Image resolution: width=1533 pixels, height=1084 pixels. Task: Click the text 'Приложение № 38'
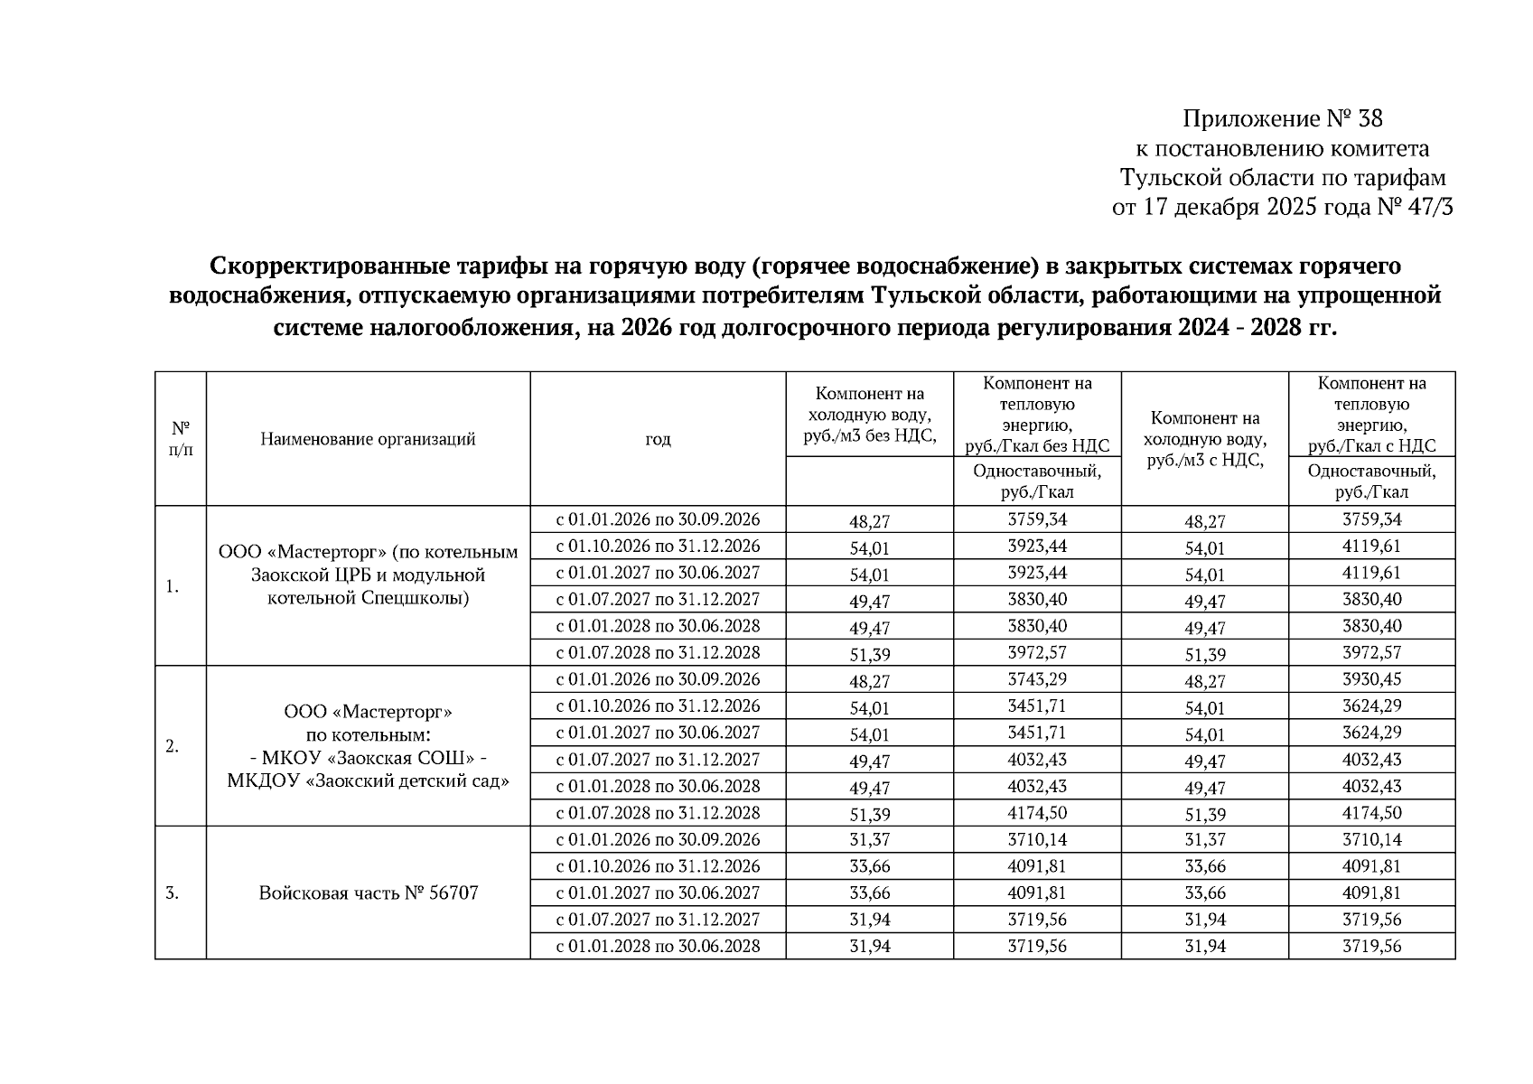[x=1283, y=119]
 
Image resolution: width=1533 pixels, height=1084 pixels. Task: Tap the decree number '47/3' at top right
[x=1427, y=208]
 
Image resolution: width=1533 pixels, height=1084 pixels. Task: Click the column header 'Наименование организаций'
[x=368, y=439]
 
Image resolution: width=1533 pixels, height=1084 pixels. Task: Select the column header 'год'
[x=658, y=439]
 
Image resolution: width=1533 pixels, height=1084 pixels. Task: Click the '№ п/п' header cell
[x=181, y=438]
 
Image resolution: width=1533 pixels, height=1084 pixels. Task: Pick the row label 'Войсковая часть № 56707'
[x=368, y=892]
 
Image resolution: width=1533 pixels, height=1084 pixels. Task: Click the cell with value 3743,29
[x=1036, y=679]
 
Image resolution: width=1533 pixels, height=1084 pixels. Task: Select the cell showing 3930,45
[x=1371, y=679]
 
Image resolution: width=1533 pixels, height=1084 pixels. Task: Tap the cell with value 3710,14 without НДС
[x=1036, y=839]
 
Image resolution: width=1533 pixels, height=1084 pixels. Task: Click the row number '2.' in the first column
[x=173, y=746]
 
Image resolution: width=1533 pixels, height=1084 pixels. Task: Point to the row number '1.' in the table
[x=173, y=586]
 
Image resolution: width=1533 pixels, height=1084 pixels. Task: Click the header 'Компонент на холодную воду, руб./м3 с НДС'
[x=1204, y=439]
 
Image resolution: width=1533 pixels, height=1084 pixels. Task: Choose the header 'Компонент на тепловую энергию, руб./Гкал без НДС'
[x=1036, y=414]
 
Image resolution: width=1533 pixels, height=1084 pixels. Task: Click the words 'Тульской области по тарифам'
[x=1283, y=178]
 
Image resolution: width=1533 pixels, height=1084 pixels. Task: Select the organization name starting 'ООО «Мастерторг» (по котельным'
[x=368, y=552]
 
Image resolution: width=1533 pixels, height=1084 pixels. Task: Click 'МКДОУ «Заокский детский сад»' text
[x=368, y=780]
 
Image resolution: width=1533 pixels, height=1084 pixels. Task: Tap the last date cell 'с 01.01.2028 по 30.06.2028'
[x=658, y=946]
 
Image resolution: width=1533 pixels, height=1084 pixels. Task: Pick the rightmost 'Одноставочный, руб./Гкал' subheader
[x=1371, y=481]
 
